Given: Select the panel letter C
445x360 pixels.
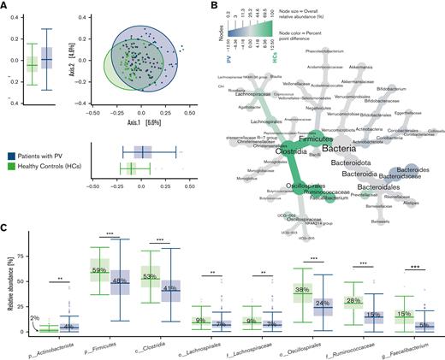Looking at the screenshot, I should click(x=5, y=228).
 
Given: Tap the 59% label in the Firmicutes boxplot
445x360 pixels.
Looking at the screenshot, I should click(x=98, y=271).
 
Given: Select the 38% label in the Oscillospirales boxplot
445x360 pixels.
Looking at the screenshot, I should click(x=301, y=289).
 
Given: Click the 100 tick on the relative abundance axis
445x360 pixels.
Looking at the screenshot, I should click(x=23, y=236).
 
